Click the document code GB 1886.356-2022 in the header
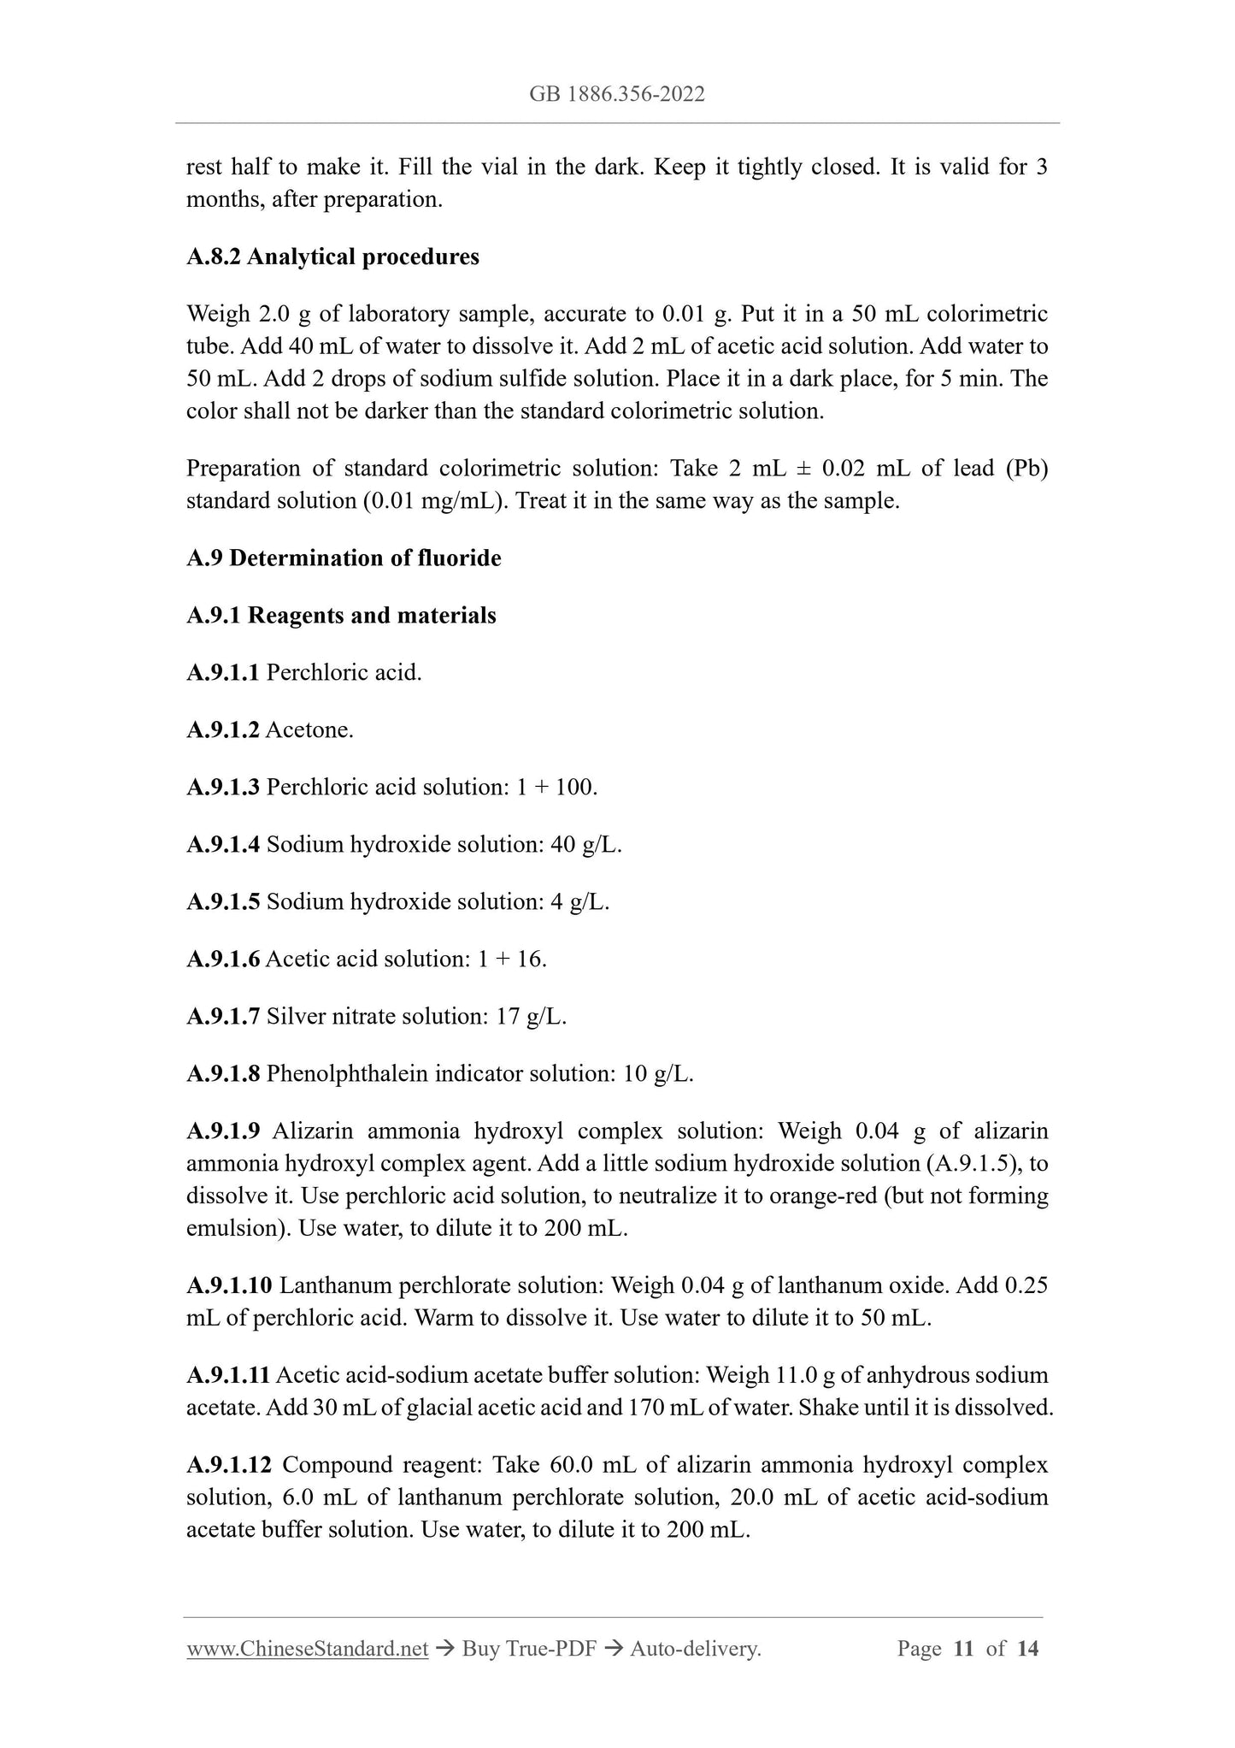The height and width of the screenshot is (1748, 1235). click(617, 94)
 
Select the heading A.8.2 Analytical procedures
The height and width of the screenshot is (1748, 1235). click(332, 257)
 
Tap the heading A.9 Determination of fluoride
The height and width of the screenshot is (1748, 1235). click(344, 558)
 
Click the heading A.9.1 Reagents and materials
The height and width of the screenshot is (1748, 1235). click(341, 616)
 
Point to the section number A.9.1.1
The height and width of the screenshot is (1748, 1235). click(222, 673)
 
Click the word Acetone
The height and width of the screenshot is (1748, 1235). click(309, 730)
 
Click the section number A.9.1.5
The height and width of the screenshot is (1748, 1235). click(222, 902)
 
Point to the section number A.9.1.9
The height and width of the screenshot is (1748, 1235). click(222, 1131)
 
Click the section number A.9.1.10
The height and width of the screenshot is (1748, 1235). click(229, 1286)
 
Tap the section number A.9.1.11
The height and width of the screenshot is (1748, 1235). click(228, 1376)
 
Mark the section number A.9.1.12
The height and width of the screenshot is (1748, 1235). click(229, 1466)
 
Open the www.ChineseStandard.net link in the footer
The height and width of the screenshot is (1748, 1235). click(307, 1649)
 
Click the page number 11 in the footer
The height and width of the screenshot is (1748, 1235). click(963, 1649)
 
